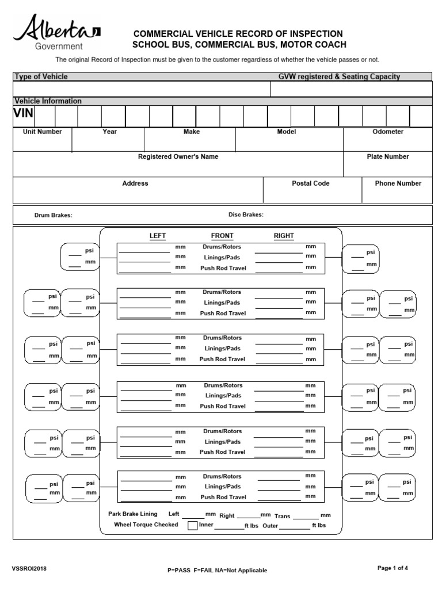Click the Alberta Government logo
click(x=56, y=33)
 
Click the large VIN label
click(x=24, y=113)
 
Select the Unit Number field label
click(x=42, y=132)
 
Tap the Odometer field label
click(x=388, y=132)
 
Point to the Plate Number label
click(x=388, y=156)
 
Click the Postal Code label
click(x=311, y=183)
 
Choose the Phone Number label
click(x=398, y=183)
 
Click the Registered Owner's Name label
click(x=178, y=156)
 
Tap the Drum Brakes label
click(x=53, y=215)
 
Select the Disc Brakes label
click(x=246, y=215)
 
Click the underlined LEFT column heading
click(x=158, y=236)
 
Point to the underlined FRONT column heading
click(x=222, y=236)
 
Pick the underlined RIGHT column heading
click(x=284, y=236)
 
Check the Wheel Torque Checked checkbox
click(x=192, y=525)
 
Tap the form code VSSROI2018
click(x=29, y=569)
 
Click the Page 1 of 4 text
click(x=393, y=568)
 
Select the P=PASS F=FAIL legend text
click(x=217, y=570)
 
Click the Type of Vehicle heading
click(x=41, y=77)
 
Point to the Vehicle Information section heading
click(x=48, y=101)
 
